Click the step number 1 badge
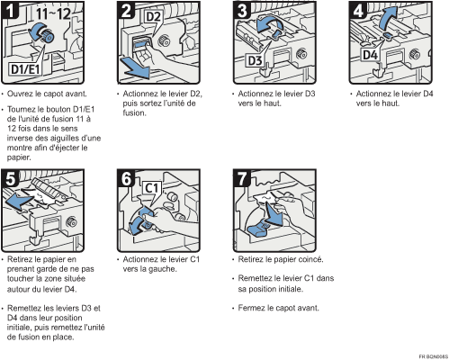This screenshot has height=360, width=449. [x=10, y=10]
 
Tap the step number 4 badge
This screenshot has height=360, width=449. [x=358, y=10]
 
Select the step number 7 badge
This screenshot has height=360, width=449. [x=242, y=178]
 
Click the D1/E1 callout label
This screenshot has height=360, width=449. [x=25, y=69]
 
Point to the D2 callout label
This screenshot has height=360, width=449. [x=153, y=17]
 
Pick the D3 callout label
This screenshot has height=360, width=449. [x=255, y=61]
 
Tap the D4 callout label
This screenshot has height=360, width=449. [x=370, y=55]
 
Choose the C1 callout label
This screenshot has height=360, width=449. [x=151, y=188]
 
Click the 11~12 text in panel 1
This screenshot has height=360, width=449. [x=53, y=13]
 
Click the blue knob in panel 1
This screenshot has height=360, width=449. [x=48, y=37]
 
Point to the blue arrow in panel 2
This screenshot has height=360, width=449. [x=134, y=68]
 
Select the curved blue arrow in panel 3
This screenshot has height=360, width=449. [x=267, y=24]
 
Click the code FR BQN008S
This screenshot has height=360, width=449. [x=434, y=356]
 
